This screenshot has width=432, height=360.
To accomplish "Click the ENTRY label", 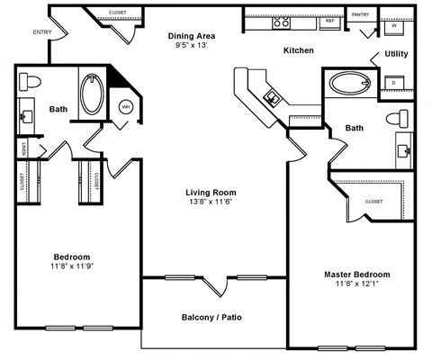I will [x=41, y=32].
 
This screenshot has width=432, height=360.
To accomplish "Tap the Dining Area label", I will [x=193, y=36].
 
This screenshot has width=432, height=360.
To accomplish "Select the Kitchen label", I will [x=298, y=51].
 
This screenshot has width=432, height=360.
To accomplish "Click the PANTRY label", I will [x=361, y=14].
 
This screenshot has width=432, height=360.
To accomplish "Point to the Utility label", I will [x=396, y=54].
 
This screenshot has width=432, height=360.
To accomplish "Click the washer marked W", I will [x=394, y=27].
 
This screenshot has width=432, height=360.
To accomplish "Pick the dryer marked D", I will [x=393, y=83].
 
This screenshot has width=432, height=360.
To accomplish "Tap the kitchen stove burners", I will [x=282, y=22].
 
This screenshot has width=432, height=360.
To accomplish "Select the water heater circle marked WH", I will [x=126, y=107].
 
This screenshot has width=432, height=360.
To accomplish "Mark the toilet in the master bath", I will [x=397, y=118].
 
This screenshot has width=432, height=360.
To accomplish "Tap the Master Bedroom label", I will [x=357, y=274].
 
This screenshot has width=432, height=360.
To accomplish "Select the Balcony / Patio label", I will [x=211, y=318].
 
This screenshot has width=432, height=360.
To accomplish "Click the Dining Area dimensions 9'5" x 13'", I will [x=193, y=47].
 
